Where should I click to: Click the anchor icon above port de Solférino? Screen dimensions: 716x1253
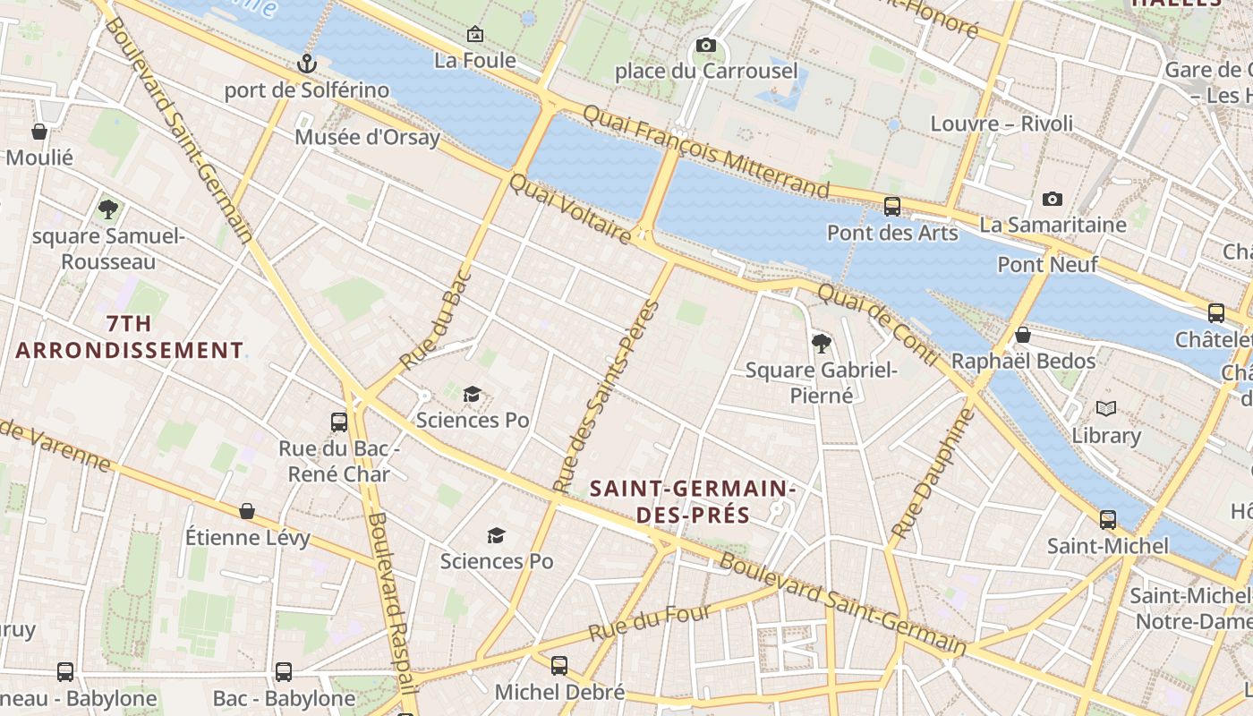click(x=307, y=64)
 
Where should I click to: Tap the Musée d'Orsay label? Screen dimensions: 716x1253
click(x=368, y=137)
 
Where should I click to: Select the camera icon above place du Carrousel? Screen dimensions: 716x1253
click(x=705, y=45)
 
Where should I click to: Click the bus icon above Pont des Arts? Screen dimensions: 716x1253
click(x=891, y=207)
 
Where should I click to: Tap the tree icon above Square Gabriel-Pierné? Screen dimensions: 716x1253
click(x=821, y=343)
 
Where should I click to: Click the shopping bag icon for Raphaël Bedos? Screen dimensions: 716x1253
click(x=1023, y=335)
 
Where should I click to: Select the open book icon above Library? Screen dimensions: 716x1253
click(x=1106, y=409)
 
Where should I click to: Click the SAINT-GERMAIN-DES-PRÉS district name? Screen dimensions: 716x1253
click(x=693, y=502)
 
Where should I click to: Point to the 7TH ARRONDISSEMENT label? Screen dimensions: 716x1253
click(x=129, y=337)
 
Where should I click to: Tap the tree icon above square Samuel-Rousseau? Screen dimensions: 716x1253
click(x=108, y=209)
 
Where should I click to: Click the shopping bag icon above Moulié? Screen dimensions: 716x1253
click(x=39, y=132)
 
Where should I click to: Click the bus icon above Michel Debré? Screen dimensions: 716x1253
click(x=559, y=665)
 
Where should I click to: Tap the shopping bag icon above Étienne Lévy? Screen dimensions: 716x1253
click(x=247, y=511)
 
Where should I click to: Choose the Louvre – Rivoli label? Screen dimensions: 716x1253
click(x=1002, y=124)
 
